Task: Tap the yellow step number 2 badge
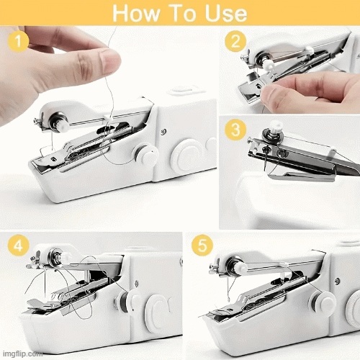tap(233, 41)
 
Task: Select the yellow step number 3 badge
tap(233, 132)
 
